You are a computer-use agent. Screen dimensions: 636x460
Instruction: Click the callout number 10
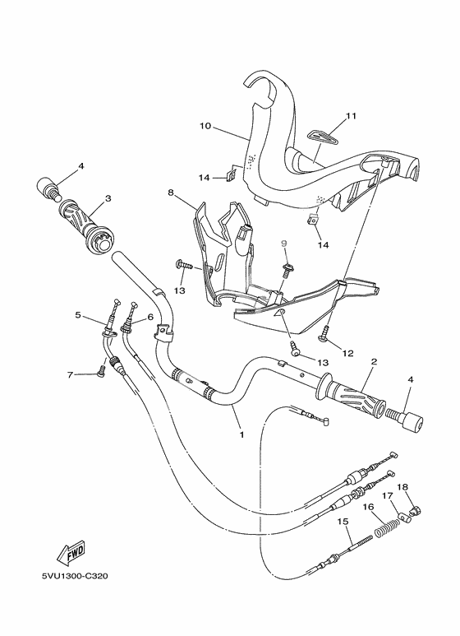click(205, 126)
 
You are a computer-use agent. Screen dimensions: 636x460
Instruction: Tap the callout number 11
click(351, 116)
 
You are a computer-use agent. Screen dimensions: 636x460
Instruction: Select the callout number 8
click(171, 193)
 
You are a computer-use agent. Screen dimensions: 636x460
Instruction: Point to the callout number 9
click(283, 244)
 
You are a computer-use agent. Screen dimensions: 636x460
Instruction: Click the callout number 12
click(347, 353)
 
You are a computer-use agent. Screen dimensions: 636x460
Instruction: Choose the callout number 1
click(241, 433)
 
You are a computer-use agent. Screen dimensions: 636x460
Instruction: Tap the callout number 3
click(107, 199)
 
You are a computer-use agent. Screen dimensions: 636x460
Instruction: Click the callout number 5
click(78, 314)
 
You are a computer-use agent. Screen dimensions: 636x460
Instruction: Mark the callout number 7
click(71, 374)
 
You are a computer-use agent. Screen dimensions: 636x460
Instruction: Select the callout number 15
click(343, 522)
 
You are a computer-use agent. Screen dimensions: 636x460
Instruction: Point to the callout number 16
click(369, 508)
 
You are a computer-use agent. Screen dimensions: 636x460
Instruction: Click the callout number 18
click(402, 486)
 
